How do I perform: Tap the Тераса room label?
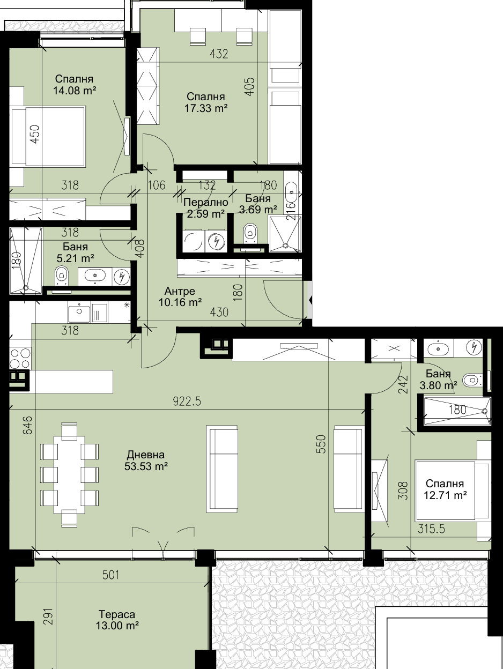pyautogui.click(x=116, y=614)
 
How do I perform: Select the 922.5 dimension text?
pyautogui.click(x=187, y=402)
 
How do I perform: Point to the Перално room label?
pyautogui.click(x=206, y=203)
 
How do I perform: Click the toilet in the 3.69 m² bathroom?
pyautogui.click(x=250, y=233)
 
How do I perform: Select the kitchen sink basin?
pyautogui.click(x=79, y=312)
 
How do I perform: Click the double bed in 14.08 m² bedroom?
pyautogui.click(x=48, y=137)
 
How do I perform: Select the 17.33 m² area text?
pyautogui.click(x=206, y=108)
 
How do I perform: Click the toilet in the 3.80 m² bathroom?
pyautogui.click(x=470, y=380)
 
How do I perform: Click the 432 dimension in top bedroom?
pyautogui.click(x=219, y=54)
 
